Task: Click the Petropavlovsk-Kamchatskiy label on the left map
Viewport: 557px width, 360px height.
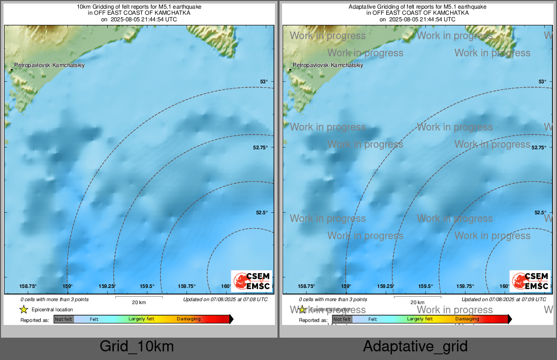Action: point(49,66)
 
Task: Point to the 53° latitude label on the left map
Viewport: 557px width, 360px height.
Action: point(264,81)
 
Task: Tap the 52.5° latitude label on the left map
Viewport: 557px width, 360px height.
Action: point(262,213)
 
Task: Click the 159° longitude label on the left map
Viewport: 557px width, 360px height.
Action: point(68,286)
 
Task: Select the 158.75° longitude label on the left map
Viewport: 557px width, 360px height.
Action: point(28,286)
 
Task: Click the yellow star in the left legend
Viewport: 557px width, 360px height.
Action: point(23,309)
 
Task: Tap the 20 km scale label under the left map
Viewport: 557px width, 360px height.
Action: point(139,302)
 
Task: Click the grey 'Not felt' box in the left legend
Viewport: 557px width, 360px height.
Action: point(64,319)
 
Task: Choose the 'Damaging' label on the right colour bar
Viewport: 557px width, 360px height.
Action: point(467,319)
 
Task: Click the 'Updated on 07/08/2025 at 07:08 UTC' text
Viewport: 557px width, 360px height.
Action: point(225,300)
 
